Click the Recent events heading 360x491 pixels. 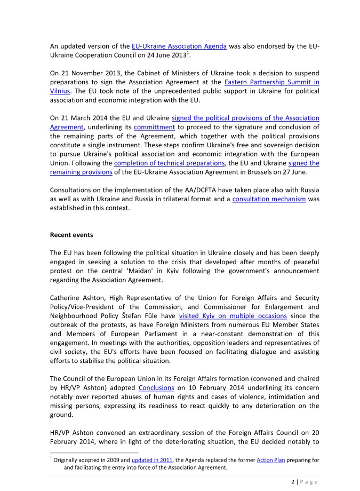tap(72, 234)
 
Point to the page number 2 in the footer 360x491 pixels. tap(293, 481)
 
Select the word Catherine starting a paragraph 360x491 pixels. tap(67, 298)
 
